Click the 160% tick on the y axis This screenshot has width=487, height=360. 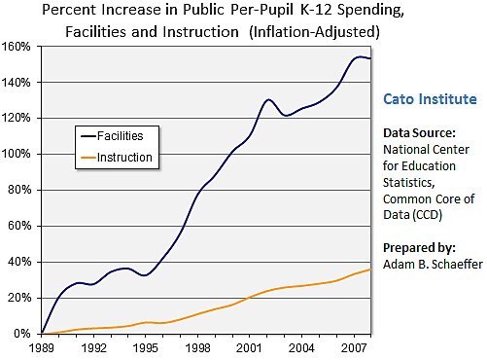(x=20, y=46)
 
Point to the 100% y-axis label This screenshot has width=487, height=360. (x=20, y=154)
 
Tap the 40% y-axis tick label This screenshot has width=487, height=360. (x=23, y=261)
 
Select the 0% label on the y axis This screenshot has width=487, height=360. (x=26, y=333)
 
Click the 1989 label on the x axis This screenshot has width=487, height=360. (x=42, y=346)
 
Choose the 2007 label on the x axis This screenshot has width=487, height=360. (x=354, y=346)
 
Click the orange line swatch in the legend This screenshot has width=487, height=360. (x=90, y=156)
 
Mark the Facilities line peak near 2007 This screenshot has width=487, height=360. (x=360, y=56)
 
